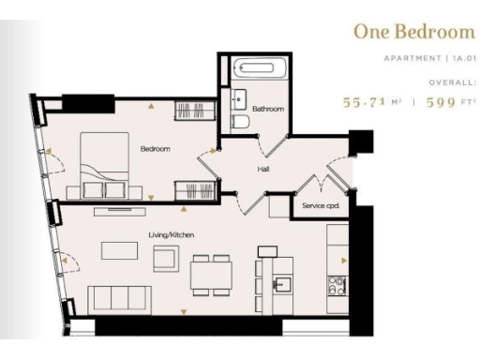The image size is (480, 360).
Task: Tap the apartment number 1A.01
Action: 461,58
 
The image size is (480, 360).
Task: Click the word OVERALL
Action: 452,82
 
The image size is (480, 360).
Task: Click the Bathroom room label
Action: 267,110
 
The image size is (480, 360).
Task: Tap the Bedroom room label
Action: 155,148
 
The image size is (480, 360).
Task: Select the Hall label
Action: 264,170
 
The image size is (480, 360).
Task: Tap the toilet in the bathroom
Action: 239,123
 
